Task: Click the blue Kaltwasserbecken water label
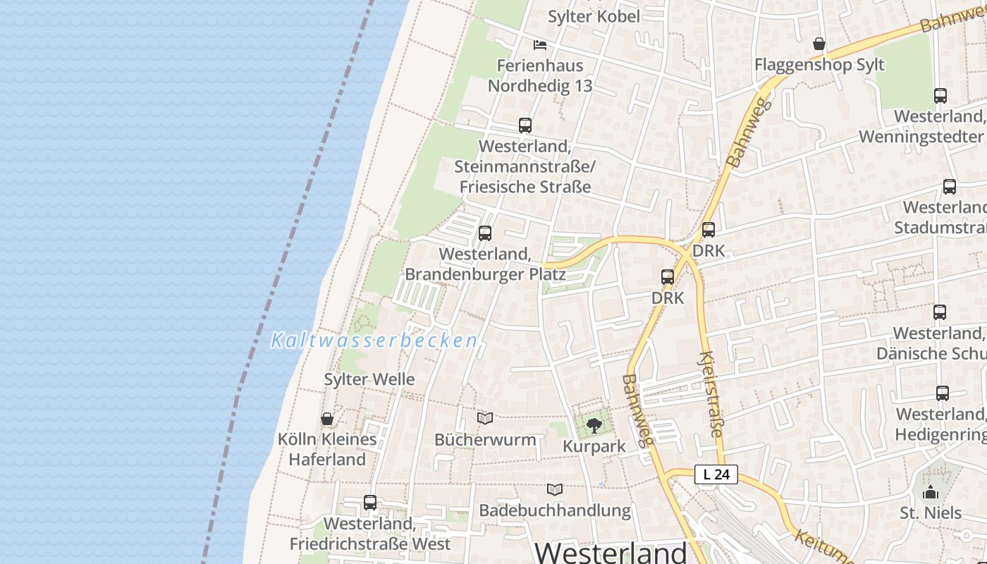tap(374, 341)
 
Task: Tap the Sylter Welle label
tap(369, 379)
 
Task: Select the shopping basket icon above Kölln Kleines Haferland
tap(327, 419)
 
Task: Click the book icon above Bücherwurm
tap(485, 419)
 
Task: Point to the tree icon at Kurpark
tap(594, 425)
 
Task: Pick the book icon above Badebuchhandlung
tap(556, 489)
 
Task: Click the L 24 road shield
tap(716, 474)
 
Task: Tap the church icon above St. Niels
tap(931, 492)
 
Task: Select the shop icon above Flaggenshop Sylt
tap(819, 44)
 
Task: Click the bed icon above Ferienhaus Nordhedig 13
tap(540, 45)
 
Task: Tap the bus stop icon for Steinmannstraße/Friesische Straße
tap(525, 125)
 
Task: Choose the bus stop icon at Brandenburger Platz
tap(485, 233)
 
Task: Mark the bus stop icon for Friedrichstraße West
tap(370, 503)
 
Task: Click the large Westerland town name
tap(611, 552)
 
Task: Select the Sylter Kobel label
tap(594, 16)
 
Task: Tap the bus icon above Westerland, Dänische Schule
tap(940, 312)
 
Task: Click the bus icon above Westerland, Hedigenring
tap(943, 393)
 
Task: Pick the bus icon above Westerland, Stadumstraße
tap(950, 187)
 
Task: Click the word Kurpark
tap(594, 446)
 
